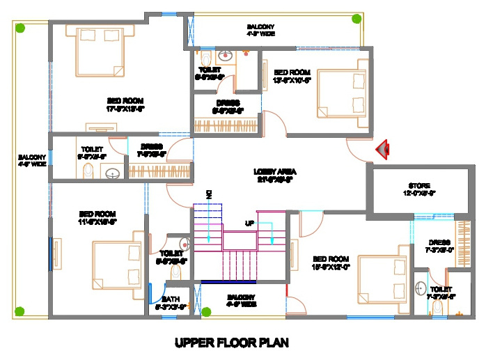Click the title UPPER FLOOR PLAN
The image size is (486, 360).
231,343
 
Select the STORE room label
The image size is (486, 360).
421,189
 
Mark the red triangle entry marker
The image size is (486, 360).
382,148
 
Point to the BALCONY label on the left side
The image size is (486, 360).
32,160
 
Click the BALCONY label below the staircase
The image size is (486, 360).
242,300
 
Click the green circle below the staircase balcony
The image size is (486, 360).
205,311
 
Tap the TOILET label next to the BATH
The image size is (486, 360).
171,257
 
